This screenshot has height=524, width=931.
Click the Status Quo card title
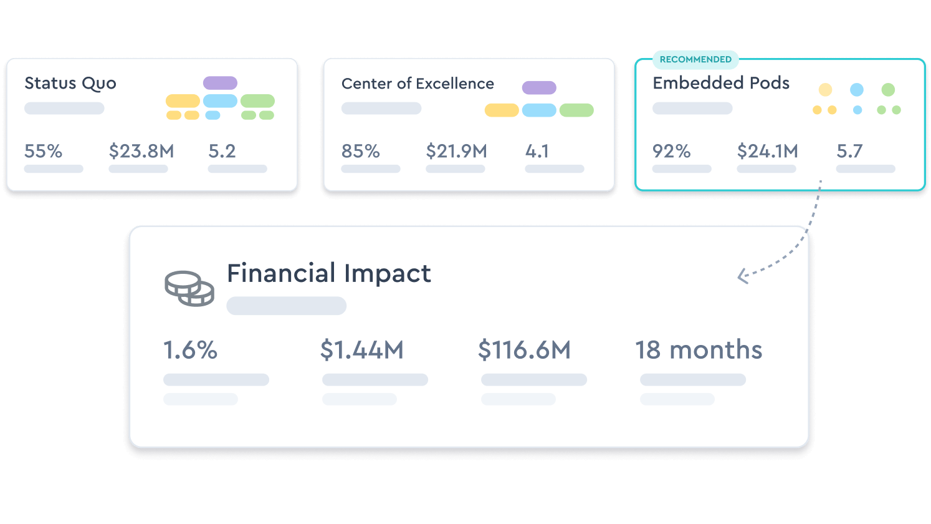click(70, 84)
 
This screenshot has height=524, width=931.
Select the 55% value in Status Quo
click(44, 151)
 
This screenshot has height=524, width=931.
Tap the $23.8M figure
click(141, 151)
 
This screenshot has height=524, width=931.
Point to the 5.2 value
click(222, 151)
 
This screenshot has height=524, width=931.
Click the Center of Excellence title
click(418, 84)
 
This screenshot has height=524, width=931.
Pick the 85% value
click(361, 151)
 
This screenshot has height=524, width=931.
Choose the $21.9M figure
click(457, 151)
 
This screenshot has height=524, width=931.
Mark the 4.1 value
click(537, 151)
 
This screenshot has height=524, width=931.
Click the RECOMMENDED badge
click(695, 59)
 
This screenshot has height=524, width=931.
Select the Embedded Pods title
click(721, 83)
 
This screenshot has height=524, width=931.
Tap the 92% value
click(672, 151)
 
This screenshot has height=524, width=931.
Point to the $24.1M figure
click(768, 151)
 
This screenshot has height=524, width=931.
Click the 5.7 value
click(849, 151)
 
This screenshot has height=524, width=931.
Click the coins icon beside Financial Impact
click(189, 288)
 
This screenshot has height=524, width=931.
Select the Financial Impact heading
click(329, 273)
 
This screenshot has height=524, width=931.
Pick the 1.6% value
click(191, 350)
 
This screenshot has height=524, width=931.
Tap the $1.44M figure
click(362, 350)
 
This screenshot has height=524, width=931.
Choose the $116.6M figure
click(525, 350)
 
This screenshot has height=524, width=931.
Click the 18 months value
click(699, 350)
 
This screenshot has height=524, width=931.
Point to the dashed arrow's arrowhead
click(742, 276)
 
